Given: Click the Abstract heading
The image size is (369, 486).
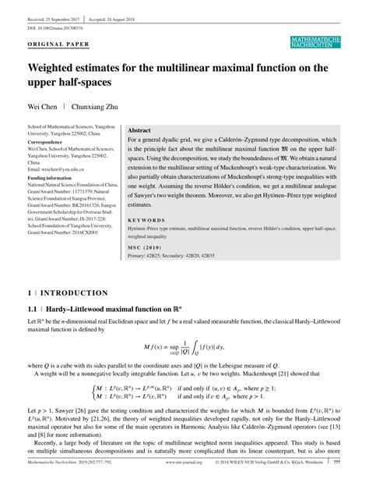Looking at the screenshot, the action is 139,130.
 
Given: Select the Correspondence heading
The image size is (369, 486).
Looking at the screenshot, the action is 51,144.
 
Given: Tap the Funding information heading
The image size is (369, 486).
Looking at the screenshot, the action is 55,178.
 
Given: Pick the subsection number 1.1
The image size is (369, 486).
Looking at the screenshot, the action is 33,287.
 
